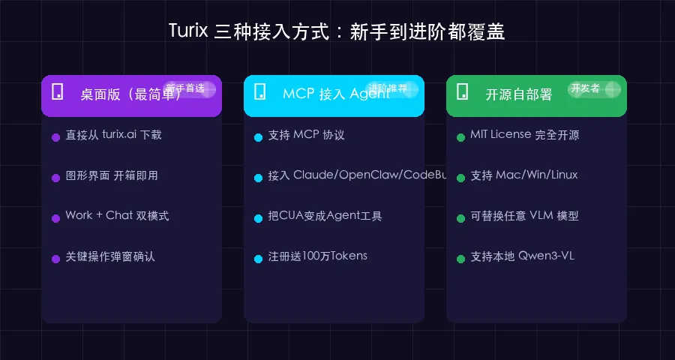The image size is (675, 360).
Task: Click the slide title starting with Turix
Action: (x=337, y=31)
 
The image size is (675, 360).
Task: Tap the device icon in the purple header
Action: (x=57, y=91)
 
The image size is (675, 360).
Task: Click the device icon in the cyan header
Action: (x=260, y=91)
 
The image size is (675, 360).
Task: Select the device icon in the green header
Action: (x=463, y=91)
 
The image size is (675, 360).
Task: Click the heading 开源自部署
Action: (x=519, y=94)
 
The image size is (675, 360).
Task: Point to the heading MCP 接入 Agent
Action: (x=335, y=94)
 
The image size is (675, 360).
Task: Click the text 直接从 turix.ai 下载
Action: (x=113, y=135)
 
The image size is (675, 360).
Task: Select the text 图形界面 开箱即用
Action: (x=112, y=175)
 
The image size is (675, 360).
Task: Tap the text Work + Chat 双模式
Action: (x=117, y=215)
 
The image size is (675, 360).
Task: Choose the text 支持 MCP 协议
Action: (x=306, y=135)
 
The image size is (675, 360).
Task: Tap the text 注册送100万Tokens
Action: (x=318, y=256)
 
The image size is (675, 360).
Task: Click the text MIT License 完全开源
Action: (x=524, y=135)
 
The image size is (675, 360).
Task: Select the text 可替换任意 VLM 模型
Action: (x=524, y=215)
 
